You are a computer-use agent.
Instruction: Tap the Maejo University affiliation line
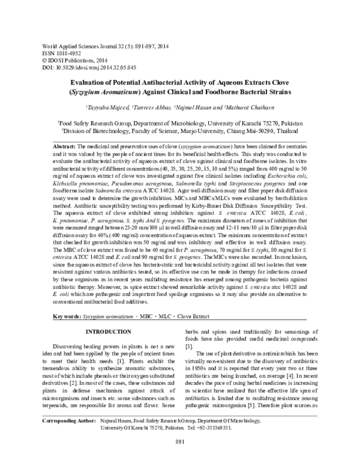180,129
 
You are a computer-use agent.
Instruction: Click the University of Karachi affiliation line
180,121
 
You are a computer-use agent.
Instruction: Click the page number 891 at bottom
179,459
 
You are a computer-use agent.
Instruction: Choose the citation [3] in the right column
188,347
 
